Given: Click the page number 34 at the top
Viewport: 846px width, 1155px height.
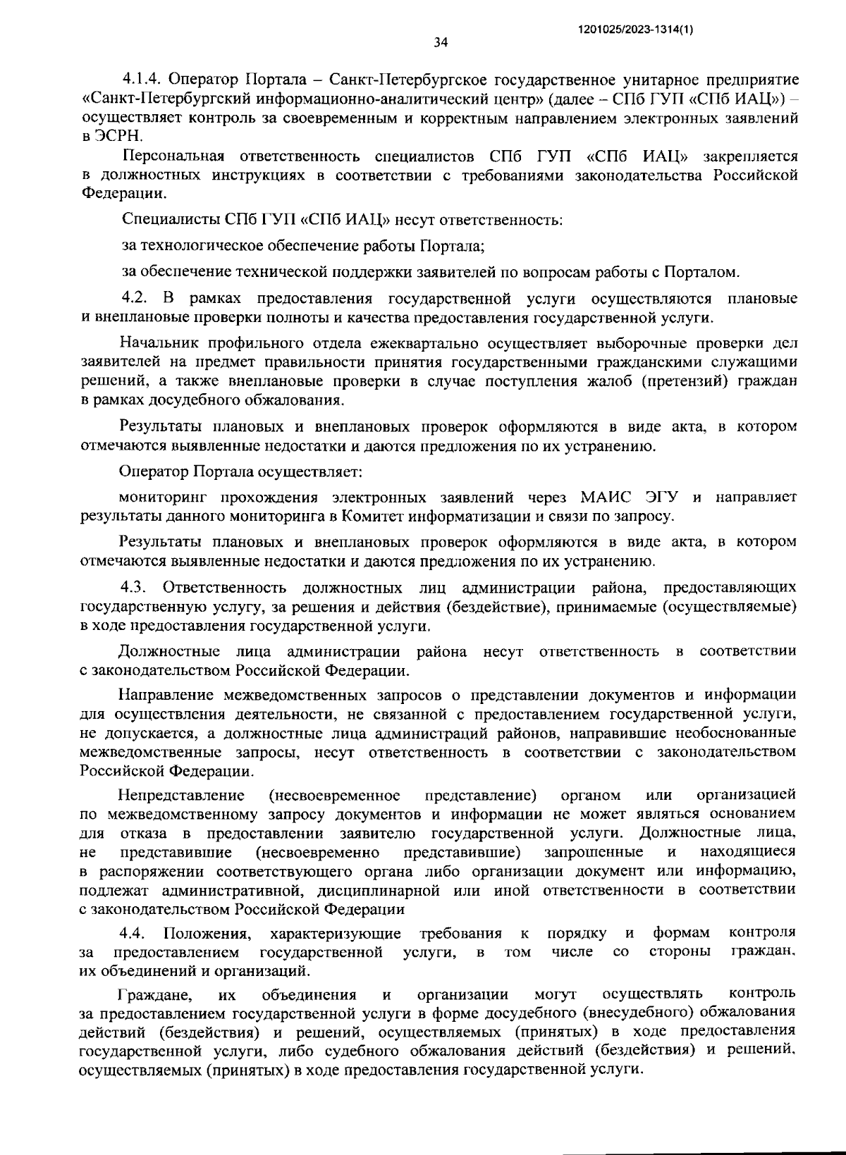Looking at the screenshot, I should [x=441, y=42].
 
